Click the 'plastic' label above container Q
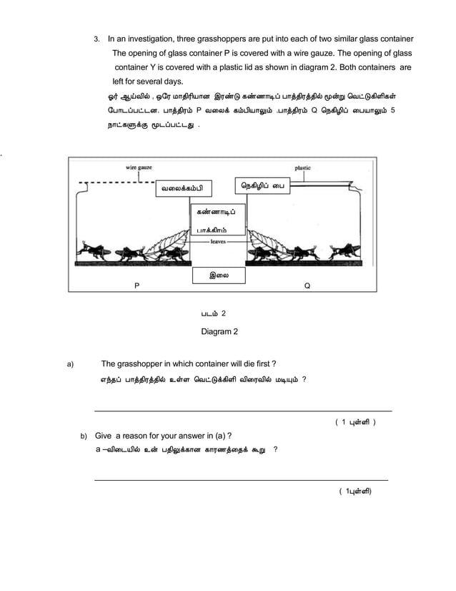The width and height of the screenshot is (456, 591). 302,167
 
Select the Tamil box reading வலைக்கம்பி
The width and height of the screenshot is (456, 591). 182,189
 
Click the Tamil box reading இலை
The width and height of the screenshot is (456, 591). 219,275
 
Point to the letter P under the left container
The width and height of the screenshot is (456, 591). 137,285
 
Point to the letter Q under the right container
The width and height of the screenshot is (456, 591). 307,285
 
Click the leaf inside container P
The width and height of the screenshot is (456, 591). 170,243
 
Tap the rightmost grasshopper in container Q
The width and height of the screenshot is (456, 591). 347,250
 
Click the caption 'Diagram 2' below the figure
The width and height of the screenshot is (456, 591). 219,331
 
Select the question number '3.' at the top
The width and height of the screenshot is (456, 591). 99,38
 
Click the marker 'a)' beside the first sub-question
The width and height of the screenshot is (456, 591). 70,364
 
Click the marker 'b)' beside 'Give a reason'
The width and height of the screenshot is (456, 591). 83,435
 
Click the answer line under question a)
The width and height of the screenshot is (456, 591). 243,411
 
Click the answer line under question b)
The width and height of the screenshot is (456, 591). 241,479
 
